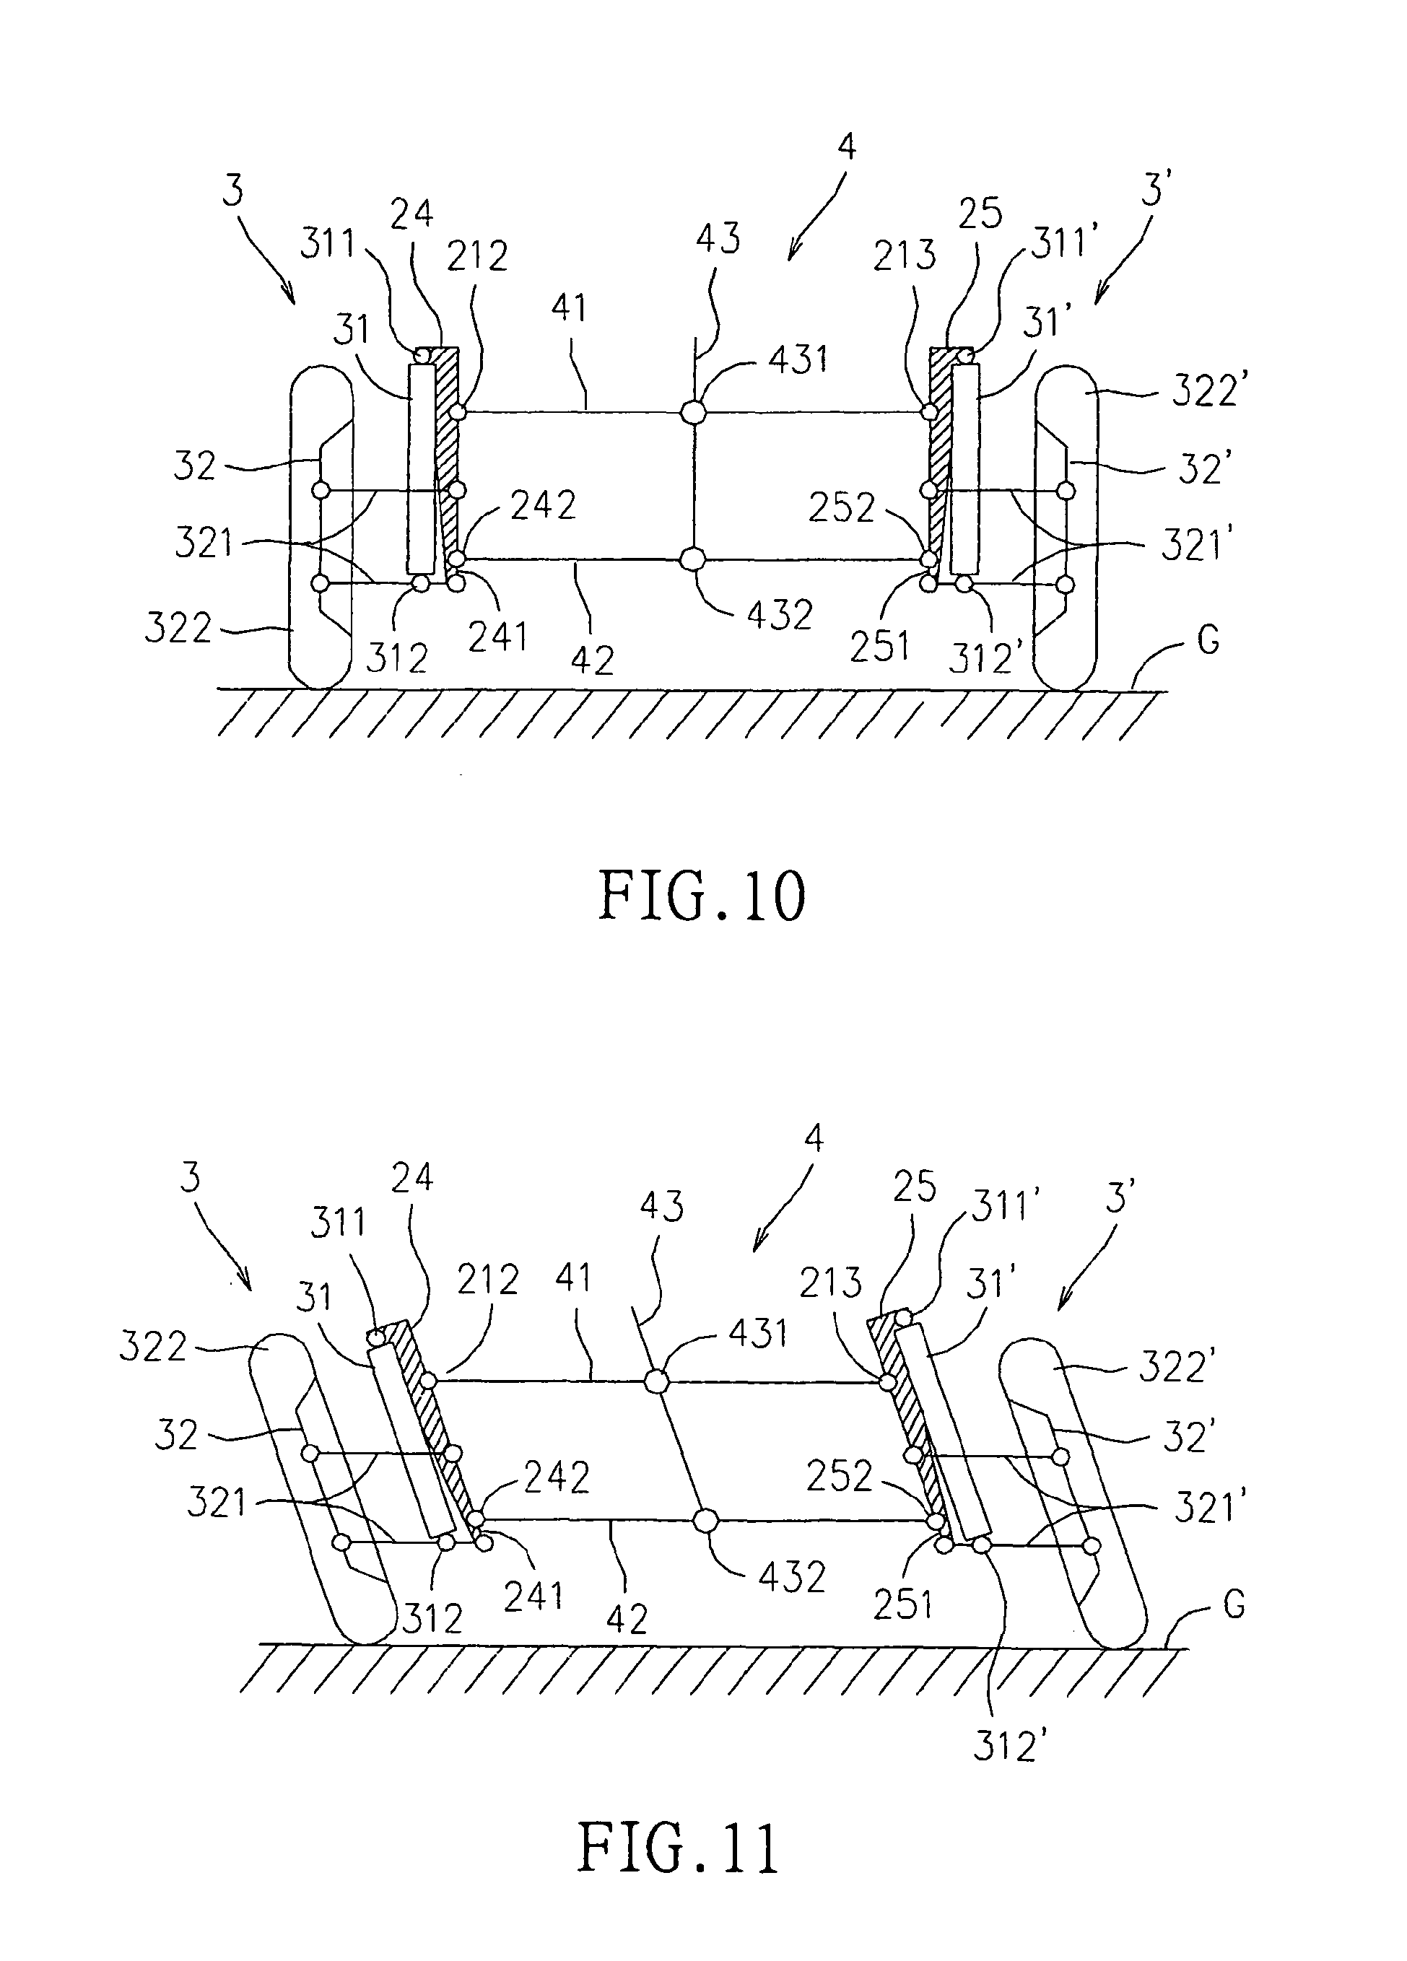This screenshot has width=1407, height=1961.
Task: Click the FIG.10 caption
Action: click(x=702, y=897)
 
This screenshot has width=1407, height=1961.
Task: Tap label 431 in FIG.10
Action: click(x=798, y=359)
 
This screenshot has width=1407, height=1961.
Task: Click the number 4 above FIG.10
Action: click(x=847, y=147)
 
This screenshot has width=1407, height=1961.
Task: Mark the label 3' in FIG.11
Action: click(x=1120, y=1200)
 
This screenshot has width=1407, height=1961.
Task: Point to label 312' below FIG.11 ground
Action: click(x=1004, y=1747)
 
